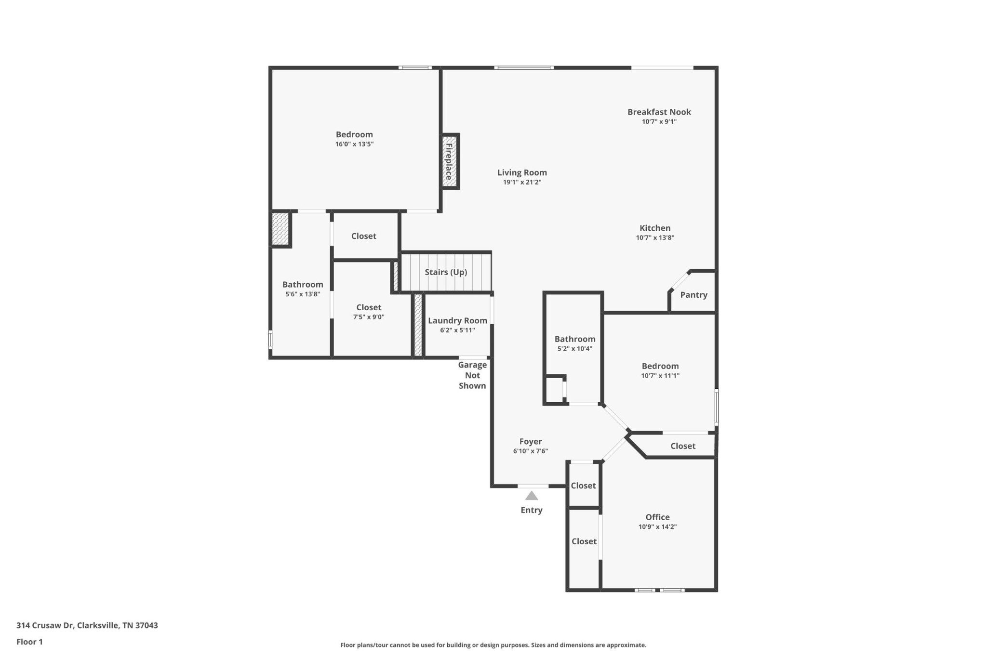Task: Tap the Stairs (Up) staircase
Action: click(x=446, y=272)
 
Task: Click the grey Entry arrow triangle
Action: click(x=531, y=496)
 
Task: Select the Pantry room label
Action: click(x=694, y=295)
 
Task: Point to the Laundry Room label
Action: click(x=457, y=320)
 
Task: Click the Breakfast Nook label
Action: click(x=659, y=112)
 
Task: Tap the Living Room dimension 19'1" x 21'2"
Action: click(x=522, y=182)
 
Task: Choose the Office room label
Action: click(x=657, y=517)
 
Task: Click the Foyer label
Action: click(x=530, y=441)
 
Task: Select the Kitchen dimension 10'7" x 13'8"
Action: click(x=654, y=237)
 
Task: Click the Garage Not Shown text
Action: click(x=472, y=375)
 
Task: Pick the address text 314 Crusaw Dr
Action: click(x=45, y=625)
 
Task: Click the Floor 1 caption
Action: click(x=29, y=642)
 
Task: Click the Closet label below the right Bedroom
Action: click(x=682, y=446)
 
